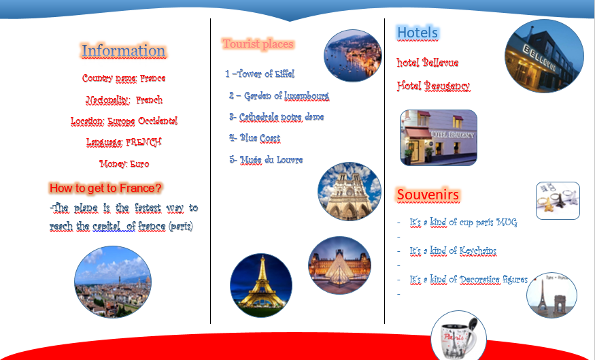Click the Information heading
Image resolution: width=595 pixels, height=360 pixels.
pyautogui.click(x=123, y=51)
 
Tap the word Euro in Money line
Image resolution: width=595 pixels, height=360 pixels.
pyautogui.click(x=139, y=164)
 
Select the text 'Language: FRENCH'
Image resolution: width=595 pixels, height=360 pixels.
pyautogui.click(x=123, y=142)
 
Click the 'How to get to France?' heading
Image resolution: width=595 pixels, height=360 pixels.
pyautogui.click(x=106, y=188)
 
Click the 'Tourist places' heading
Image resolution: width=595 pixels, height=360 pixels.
pyautogui.click(x=258, y=44)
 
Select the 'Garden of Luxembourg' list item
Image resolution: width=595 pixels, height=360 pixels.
pyautogui.click(x=279, y=96)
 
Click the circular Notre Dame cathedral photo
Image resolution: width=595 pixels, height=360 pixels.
pyautogui.click(x=350, y=191)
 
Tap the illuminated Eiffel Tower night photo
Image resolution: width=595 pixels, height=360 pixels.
pyautogui.click(x=261, y=285)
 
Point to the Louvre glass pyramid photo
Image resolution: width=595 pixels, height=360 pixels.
pyautogui.click(x=340, y=265)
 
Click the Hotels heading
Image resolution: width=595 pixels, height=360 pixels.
pyautogui.click(x=417, y=33)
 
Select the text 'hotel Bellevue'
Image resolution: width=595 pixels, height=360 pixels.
pyautogui.click(x=427, y=63)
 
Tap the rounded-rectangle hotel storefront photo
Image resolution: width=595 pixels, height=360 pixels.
pyautogui.click(x=439, y=137)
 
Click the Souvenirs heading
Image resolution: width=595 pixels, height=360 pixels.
pyautogui.click(x=428, y=195)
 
